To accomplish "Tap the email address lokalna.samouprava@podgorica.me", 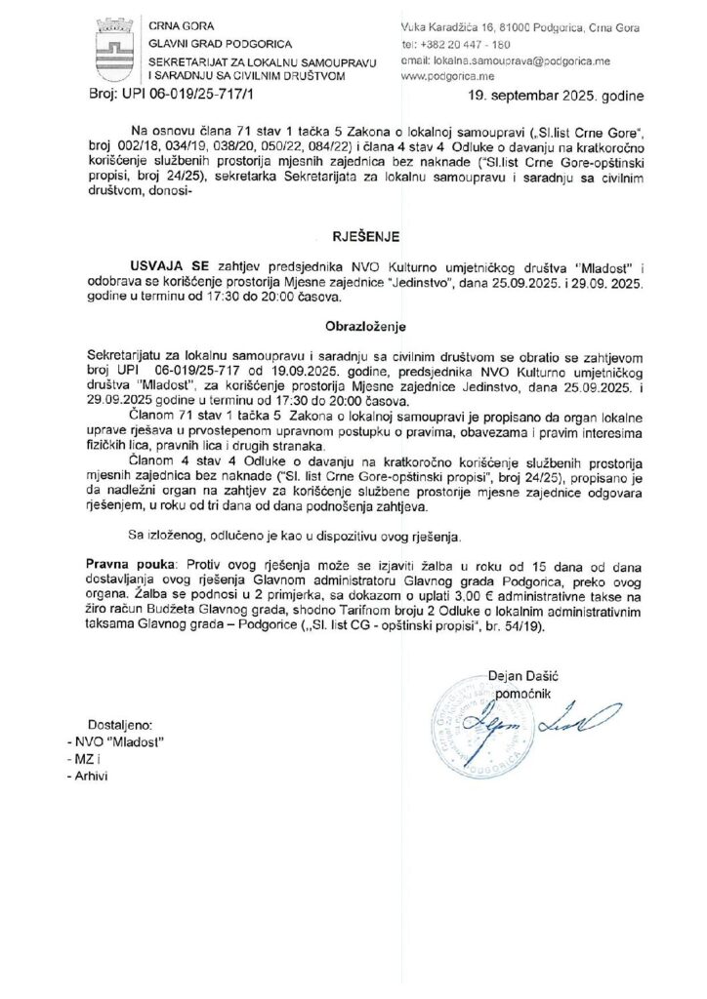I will (505, 60).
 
